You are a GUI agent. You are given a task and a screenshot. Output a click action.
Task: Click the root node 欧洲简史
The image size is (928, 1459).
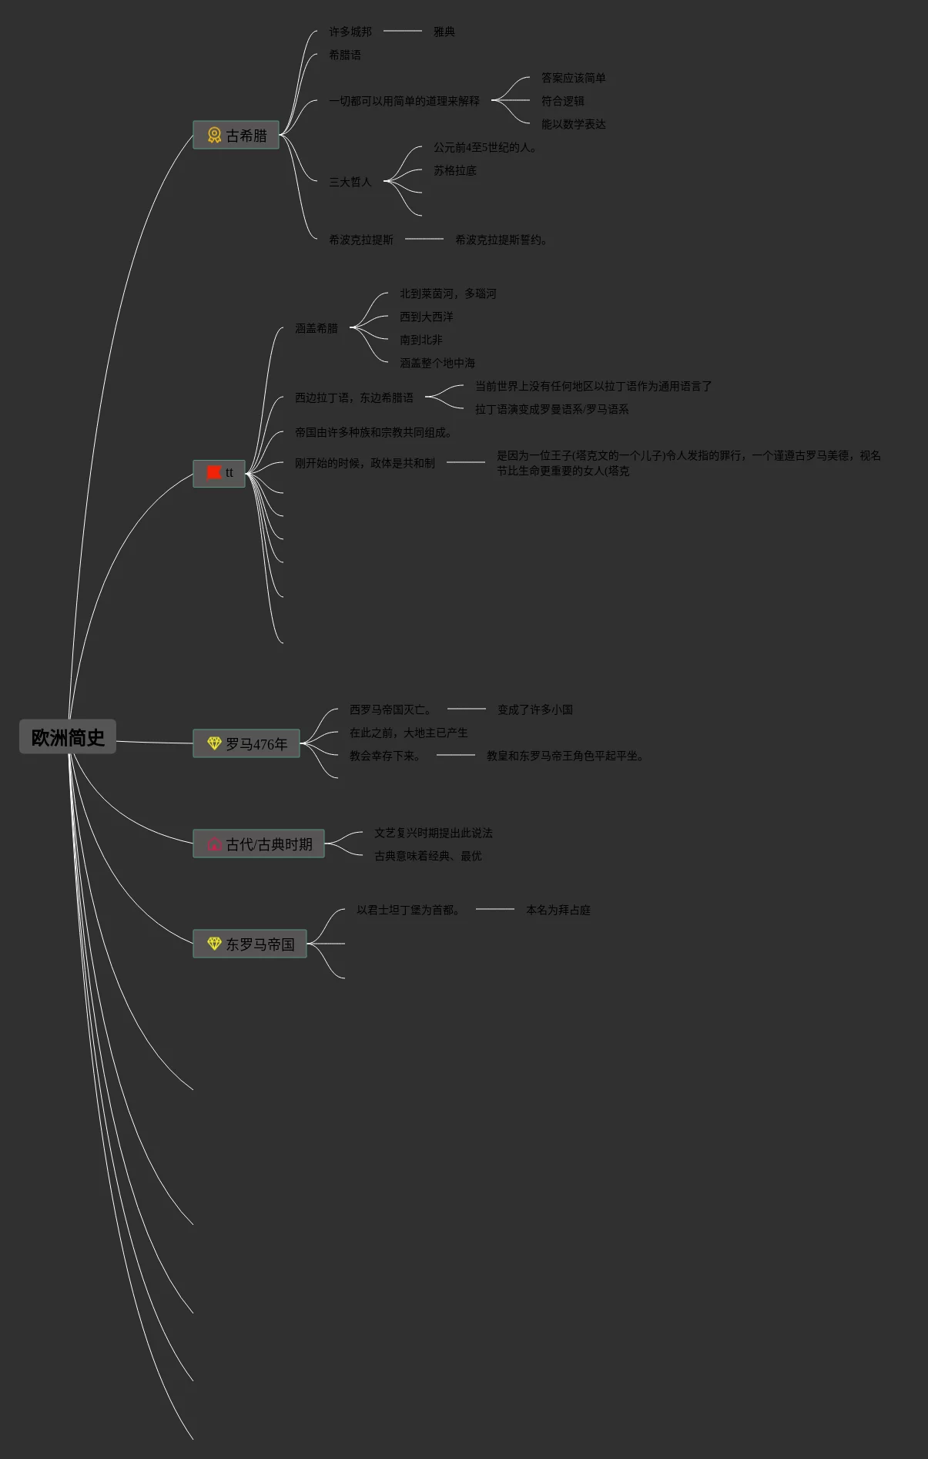(x=68, y=737)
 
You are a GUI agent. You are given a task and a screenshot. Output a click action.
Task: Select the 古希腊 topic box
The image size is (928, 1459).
(x=236, y=136)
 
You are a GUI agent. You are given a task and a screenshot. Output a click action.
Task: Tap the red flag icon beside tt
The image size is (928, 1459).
(x=214, y=472)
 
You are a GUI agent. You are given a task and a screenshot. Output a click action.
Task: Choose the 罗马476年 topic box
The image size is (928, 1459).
(x=246, y=744)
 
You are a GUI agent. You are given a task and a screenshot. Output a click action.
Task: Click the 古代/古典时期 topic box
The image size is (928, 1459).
(x=259, y=844)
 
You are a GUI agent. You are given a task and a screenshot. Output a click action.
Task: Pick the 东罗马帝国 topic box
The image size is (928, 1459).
(x=250, y=944)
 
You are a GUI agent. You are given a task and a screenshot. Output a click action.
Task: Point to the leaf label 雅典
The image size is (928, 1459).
(x=444, y=32)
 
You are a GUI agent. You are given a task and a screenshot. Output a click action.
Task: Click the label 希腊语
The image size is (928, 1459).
(x=344, y=55)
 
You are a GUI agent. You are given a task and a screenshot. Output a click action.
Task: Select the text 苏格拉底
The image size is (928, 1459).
(x=454, y=170)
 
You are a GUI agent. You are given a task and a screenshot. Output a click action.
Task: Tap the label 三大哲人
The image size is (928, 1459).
(x=350, y=182)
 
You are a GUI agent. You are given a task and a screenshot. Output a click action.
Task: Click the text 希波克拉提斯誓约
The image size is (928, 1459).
(x=501, y=240)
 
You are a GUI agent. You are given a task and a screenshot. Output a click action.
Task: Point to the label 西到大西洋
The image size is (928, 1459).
(x=426, y=317)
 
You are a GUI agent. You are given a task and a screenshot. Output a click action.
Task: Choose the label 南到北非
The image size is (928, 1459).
(x=420, y=340)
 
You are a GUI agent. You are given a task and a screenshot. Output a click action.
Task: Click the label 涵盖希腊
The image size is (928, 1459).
(x=316, y=328)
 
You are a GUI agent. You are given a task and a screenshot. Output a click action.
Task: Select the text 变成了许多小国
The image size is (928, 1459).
(x=534, y=709)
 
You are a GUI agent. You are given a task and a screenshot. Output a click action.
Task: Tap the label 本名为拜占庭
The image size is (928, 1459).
(x=558, y=910)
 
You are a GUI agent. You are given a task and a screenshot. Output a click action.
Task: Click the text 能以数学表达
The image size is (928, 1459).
(x=573, y=124)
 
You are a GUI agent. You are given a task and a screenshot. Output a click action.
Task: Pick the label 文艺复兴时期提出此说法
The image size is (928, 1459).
(x=433, y=833)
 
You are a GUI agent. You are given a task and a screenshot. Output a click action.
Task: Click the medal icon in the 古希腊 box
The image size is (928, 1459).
(x=214, y=136)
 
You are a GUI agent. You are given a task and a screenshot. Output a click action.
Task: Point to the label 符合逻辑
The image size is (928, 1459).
(x=562, y=101)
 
